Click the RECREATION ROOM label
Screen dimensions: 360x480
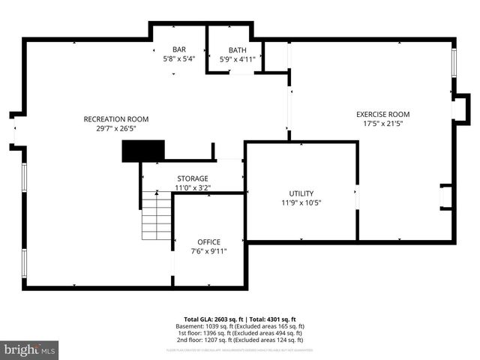[115, 119]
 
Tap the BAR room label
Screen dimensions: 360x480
[179, 49]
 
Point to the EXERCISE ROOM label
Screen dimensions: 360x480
[382, 114]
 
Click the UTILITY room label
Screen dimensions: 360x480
[301, 193]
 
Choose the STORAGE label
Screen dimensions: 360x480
[192, 178]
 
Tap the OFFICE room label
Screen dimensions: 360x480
[208, 241]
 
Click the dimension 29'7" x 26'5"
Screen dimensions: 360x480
[115, 128]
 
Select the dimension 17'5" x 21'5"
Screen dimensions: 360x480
[382, 124]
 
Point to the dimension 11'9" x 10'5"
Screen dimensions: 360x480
[301, 202]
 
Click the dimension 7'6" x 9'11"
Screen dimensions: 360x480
[208, 251]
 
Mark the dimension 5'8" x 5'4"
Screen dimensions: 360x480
[179, 58]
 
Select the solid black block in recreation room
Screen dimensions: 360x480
[142, 151]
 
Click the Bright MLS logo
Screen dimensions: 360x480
[30, 349]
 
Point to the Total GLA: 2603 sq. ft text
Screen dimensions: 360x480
[212, 319]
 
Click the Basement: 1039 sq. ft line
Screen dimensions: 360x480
[239, 326]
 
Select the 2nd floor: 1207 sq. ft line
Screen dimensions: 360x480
[239, 340]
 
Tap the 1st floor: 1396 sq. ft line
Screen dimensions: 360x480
[239, 333]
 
